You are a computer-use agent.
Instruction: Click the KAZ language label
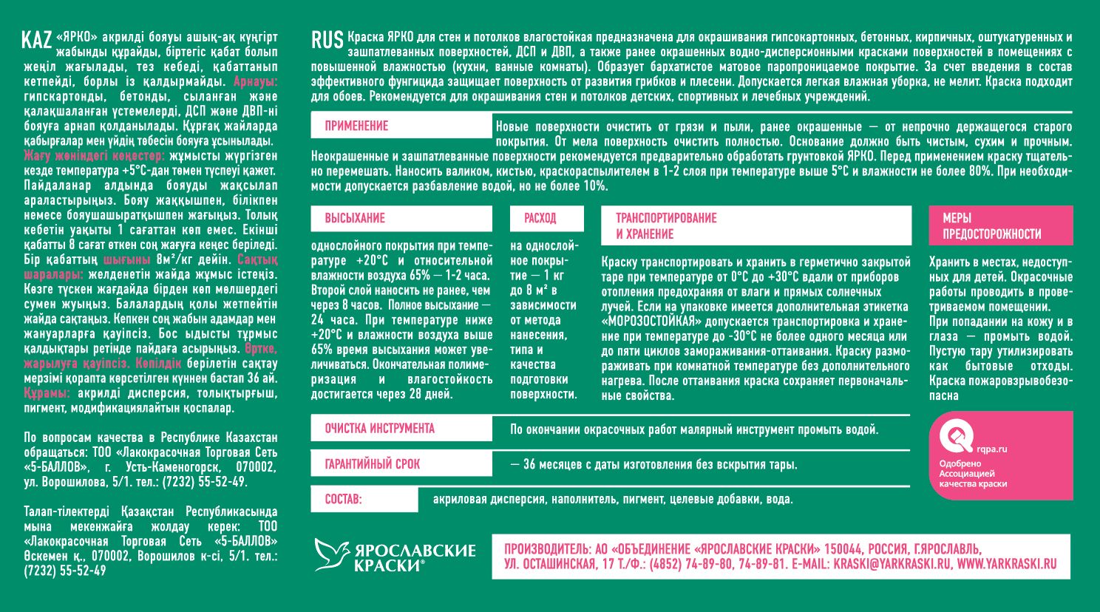[x=36, y=40]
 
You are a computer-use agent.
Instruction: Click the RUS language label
[x=327, y=40]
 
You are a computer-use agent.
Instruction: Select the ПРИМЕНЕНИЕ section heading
[x=356, y=126]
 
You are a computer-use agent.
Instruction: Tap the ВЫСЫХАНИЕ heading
[x=355, y=218]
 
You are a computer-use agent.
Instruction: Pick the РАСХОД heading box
[x=540, y=218]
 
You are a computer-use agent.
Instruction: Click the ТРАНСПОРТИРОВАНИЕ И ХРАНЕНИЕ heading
[x=666, y=225]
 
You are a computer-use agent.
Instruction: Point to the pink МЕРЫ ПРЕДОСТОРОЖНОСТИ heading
[x=991, y=225]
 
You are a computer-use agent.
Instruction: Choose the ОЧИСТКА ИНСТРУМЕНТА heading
[x=379, y=429]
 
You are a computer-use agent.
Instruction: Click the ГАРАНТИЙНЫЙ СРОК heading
[x=372, y=464]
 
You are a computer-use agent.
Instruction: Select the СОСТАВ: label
[x=343, y=500]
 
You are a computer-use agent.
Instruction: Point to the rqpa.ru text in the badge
[x=991, y=449]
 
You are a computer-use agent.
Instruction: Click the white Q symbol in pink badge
[x=955, y=435]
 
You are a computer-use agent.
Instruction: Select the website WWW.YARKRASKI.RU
[x=1007, y=564]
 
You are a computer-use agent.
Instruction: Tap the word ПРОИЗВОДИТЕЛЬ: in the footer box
[x=546, y=549]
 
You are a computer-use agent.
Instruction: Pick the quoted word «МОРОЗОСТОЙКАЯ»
[x=651, y=322]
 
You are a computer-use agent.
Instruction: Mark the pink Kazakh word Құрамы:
[x=47, y=393]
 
